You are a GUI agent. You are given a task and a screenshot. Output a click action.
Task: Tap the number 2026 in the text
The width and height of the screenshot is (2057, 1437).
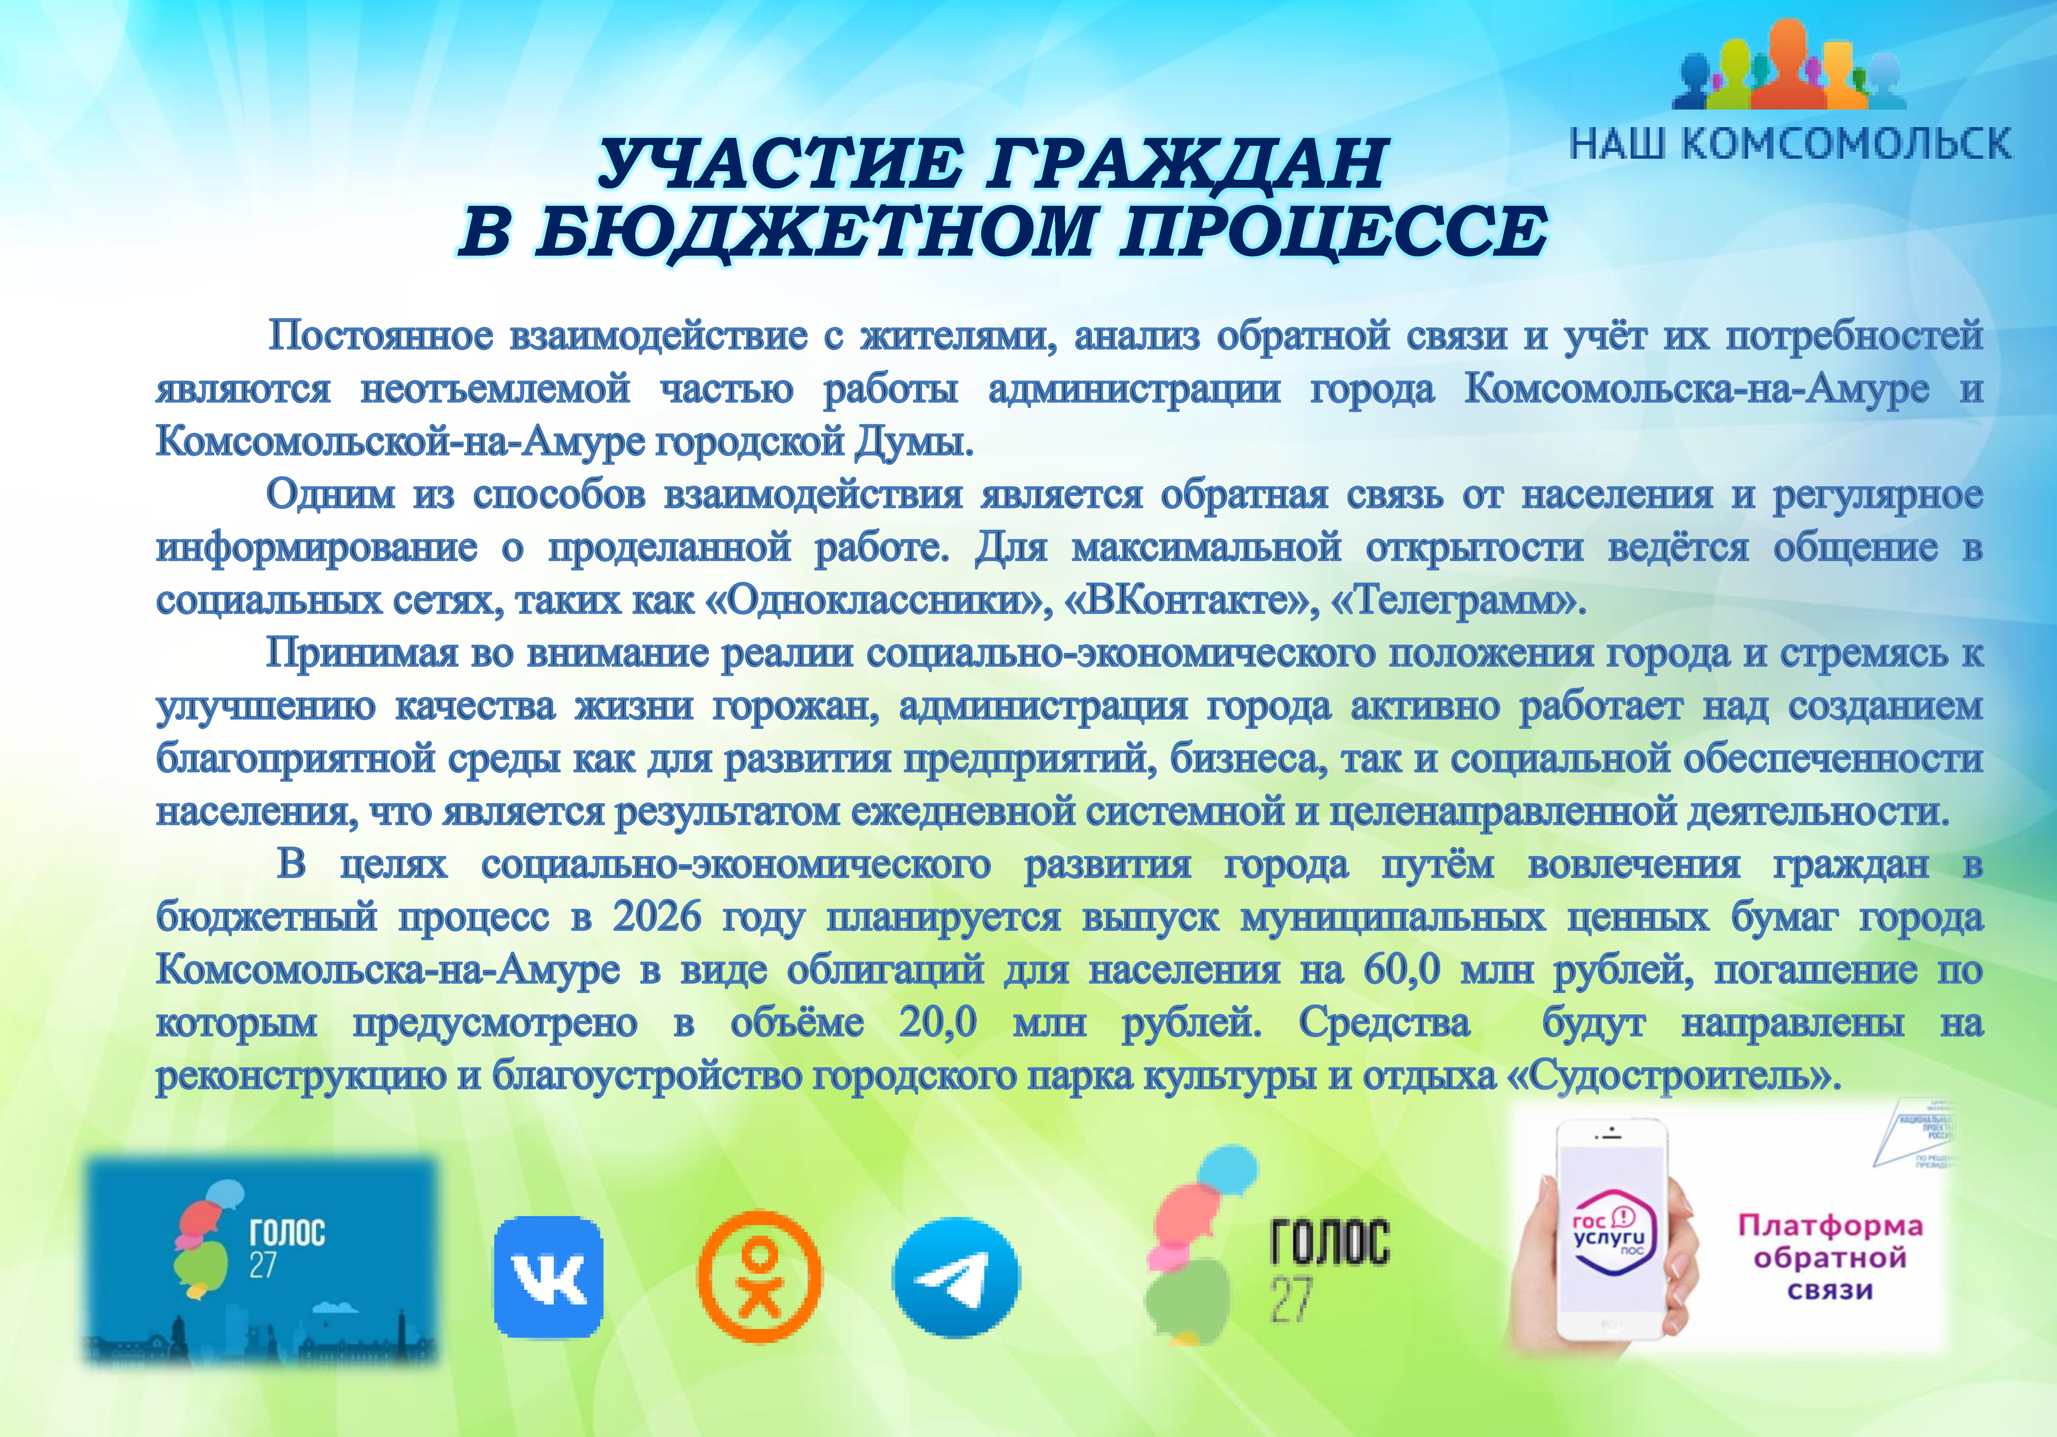657,916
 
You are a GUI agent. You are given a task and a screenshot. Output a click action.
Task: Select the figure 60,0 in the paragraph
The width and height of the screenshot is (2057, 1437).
1402,969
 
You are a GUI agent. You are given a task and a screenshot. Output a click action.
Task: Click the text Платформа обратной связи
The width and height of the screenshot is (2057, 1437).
1830,1257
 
